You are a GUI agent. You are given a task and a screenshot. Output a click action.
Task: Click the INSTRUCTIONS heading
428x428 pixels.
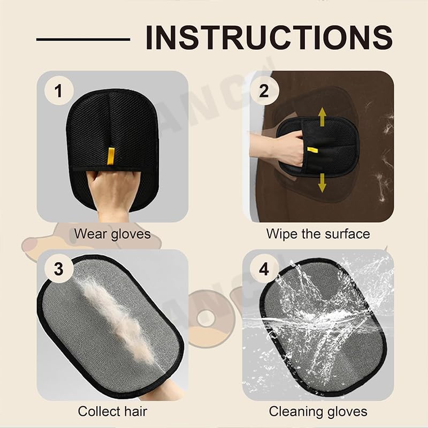[x=269, y=37]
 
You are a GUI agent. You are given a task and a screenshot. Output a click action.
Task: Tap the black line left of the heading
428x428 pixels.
[x=83, y=40]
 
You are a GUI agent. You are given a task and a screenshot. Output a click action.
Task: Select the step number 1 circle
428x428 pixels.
[x=59, y=90]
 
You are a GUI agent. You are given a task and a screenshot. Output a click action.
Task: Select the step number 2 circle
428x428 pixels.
[x=264, y=90]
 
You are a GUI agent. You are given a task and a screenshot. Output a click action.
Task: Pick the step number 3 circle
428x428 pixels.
[x=59, y=269]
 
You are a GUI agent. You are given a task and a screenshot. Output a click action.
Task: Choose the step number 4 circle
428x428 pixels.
[x=264, y=269]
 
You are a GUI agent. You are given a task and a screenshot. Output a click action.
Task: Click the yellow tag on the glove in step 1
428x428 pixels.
[x=110, y=156]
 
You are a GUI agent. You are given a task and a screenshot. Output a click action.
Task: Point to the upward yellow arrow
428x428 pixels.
[x=323, y=117]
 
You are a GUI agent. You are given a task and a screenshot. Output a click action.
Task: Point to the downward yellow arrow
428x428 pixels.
[x=323, y=183]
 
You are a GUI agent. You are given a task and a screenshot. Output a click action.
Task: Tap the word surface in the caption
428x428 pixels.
[x=345, y=234]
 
